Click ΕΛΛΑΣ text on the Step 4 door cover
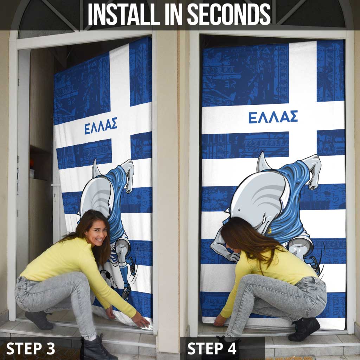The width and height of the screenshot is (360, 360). pyautogui.click(x=273, y=117)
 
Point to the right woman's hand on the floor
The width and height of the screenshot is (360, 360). pyautogui.click(x=220, y=321)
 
